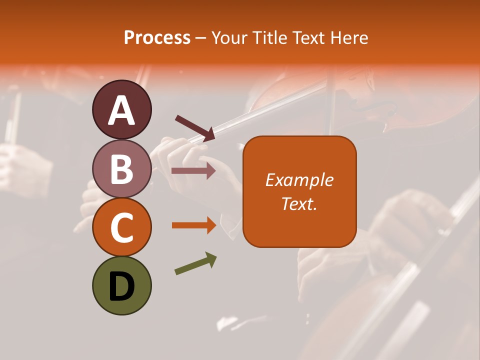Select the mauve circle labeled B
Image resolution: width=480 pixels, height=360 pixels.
click(x=122, y=169)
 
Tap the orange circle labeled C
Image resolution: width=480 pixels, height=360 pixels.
click(x=122, y=227)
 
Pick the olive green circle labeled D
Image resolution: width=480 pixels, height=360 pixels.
click(x=122, y=286)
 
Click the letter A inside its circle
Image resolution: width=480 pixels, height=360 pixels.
click(x=122, y=110)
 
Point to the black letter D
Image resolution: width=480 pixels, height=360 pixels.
click(x=122, y=287)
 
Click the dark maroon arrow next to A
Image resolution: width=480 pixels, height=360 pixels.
click(x=195, y=127)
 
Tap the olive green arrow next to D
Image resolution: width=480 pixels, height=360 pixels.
click(x=195, y=263)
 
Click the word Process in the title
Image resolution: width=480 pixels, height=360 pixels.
click(x=157, y=38)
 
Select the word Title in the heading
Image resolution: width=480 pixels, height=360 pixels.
click(x=269, y=38)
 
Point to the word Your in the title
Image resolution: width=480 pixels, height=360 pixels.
click(x=230, y=38)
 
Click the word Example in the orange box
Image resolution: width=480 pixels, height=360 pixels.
click(x=299, y=180)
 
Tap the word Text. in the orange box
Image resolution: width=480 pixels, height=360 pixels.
click(x=299, y=204)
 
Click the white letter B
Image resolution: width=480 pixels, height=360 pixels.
click(x=122, y=169)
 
